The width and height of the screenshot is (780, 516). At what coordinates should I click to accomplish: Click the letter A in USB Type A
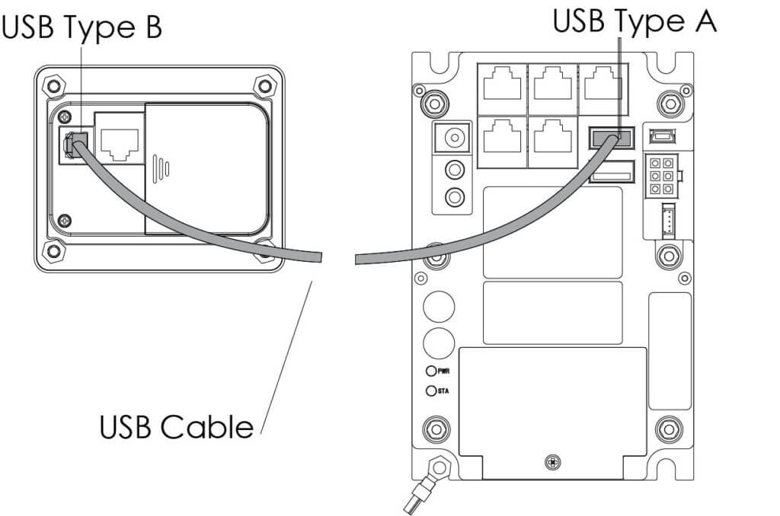click(702, 21)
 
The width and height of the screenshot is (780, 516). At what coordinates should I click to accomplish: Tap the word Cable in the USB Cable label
click(206, 426)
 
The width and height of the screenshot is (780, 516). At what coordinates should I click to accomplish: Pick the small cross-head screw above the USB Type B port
click(65, 116)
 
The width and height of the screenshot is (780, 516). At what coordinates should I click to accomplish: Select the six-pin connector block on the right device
click(661, 176)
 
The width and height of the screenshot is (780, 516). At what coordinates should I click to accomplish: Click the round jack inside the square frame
click(455, 139)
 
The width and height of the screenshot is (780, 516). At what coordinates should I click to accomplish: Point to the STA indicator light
click(432, 390)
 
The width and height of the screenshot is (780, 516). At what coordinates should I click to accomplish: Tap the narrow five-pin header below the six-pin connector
click(667, 221)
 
